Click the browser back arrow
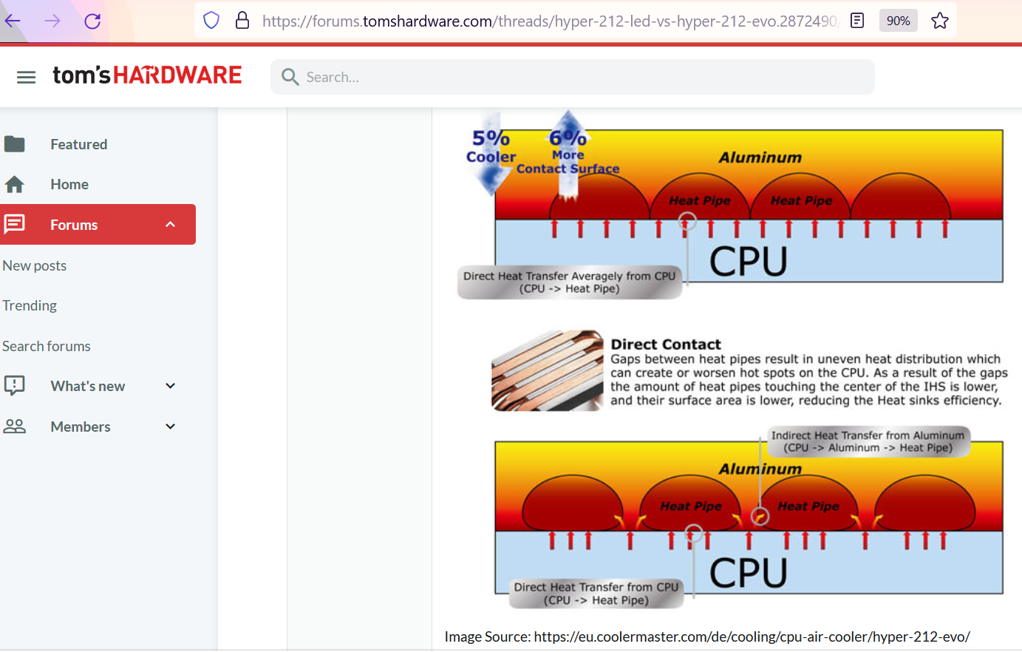(13, 21)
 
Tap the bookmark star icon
(939, 21)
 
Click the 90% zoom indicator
(898, 21)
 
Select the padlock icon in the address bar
(242, 21)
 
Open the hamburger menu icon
(26, 77)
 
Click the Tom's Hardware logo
(147, 75)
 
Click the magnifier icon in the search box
(290, 77)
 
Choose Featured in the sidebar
(79, 144)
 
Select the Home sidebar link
(69, 184)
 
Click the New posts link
(34, 265)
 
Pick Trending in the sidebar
(30, 305)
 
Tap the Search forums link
(46, 346)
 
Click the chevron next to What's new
(170, 386)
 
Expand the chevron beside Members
(170, 427)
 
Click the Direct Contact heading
(666, 344)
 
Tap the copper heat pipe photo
(547, 370)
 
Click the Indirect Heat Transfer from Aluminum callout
(868, 441)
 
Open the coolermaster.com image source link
(752, 636)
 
